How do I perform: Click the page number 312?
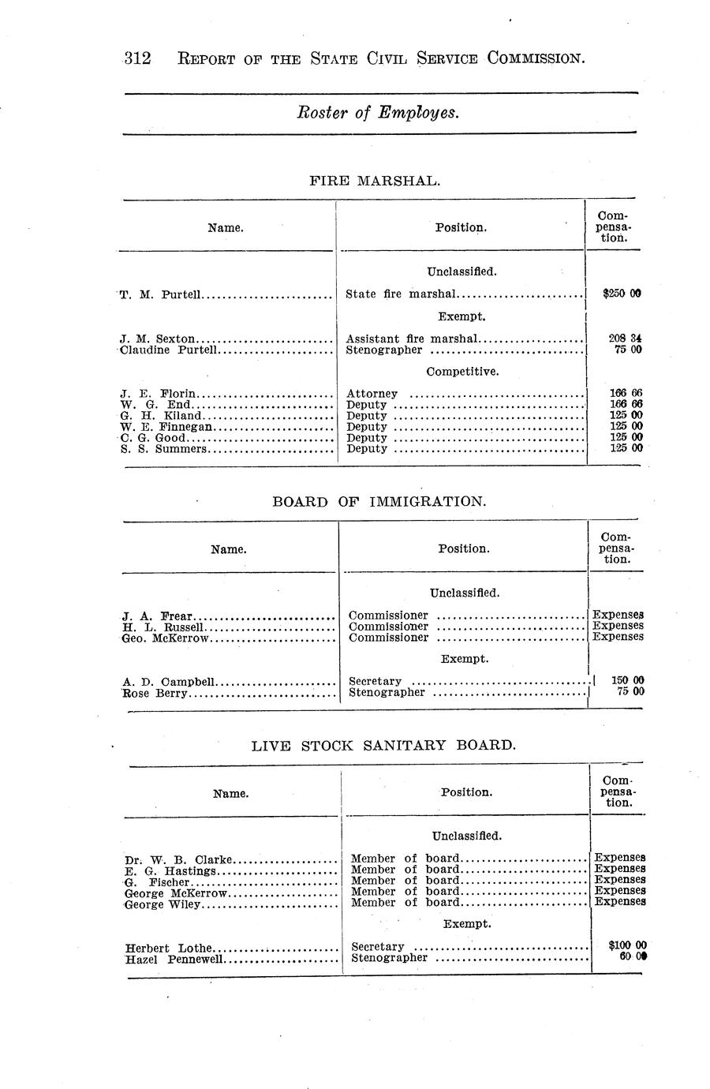[x=137, y=58]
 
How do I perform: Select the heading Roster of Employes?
[x=378, y=113]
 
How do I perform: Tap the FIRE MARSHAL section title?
[x=374, y=181]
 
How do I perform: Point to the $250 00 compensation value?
[x=622, y=294]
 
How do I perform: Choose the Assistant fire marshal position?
[x=412, y=339]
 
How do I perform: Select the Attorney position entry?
[x=372, y=394]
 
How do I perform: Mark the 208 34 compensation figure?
[x=626, y=339]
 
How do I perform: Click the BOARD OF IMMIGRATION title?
[x=379, y=502]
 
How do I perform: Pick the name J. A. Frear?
[x=158, y=616]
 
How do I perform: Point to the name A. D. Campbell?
[x=170, y=682]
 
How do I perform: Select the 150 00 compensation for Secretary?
[x=629, y=681]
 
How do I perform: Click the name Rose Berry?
[x=156, y=693]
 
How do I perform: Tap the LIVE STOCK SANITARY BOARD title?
[x=383, y=745]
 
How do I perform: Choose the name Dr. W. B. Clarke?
[x=178, y=859]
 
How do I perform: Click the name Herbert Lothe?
[x=169, y=948]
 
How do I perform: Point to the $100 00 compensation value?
[x=628, y=945]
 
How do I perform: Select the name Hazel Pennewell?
[x=174, y=959]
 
